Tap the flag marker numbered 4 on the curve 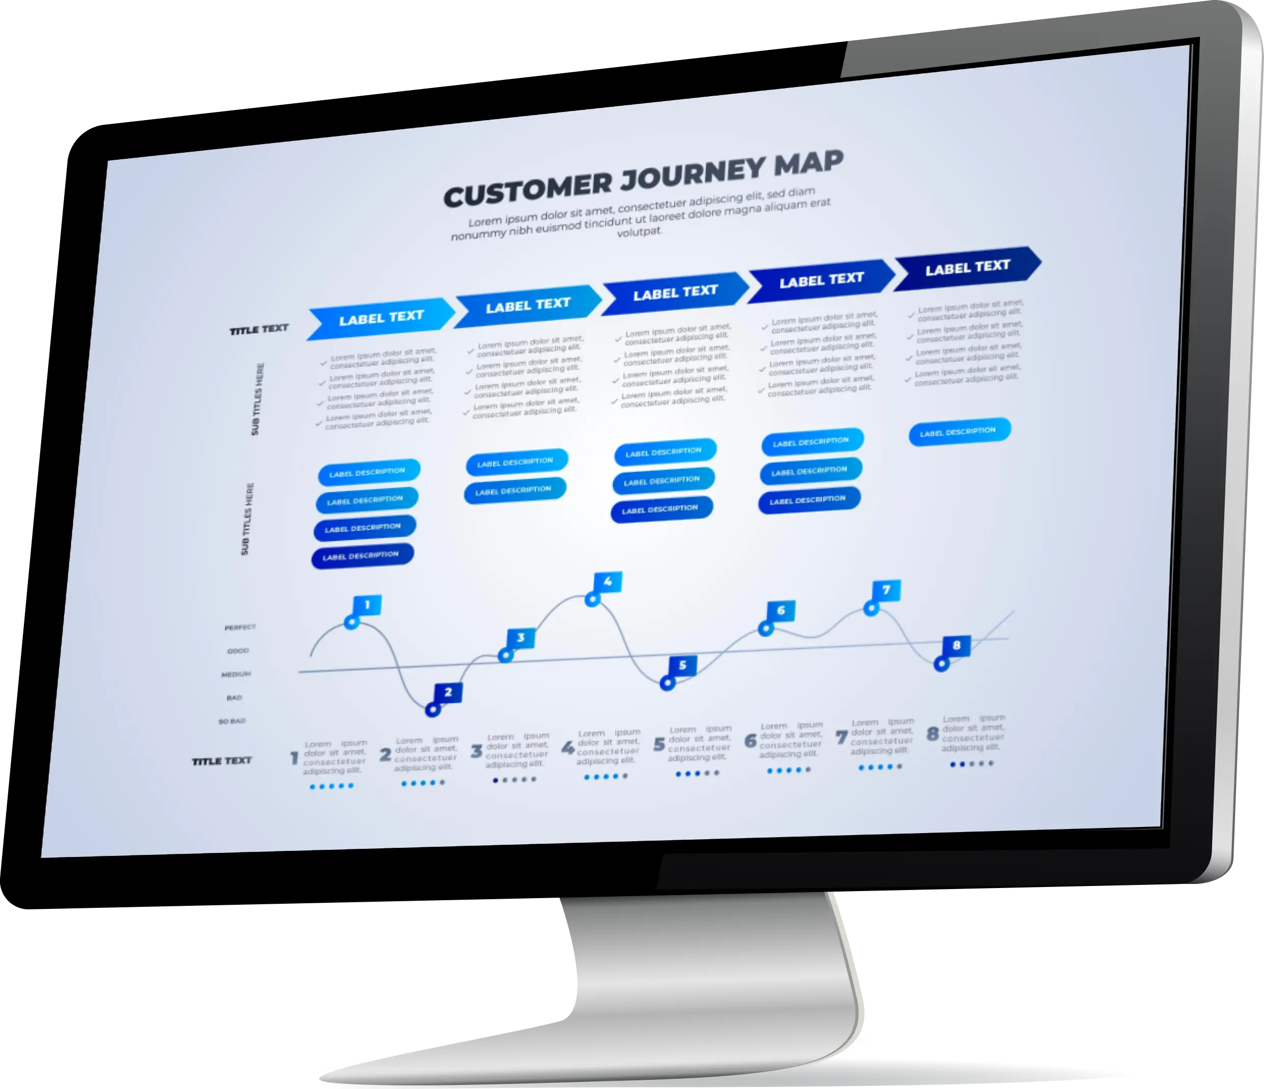pos(607,582)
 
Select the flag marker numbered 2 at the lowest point pos(448,692)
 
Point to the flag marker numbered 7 pos(886,590)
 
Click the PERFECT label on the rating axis pos(240,627)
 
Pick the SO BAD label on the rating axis pos(232,721)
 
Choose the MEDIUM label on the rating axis pos(236,674)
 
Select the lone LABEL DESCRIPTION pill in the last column pos(959,432)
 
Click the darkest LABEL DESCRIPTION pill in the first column pos(362,556)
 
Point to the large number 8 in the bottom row pos(932,734)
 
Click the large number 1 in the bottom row pos(294,758)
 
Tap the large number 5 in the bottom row pos(659,745)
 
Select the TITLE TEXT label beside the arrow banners pos(258,329)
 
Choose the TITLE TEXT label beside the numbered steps pos(221,761)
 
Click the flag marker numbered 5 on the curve pos(682,666)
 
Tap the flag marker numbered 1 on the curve pos(367,605)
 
